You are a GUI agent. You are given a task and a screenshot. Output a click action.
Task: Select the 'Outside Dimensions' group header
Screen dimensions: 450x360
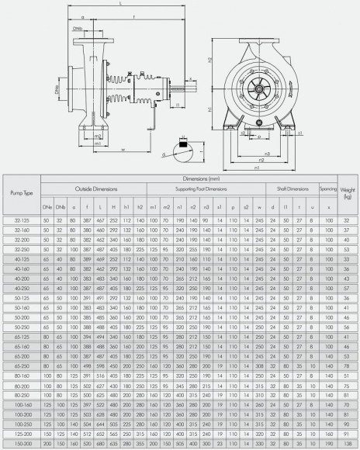[92, 189]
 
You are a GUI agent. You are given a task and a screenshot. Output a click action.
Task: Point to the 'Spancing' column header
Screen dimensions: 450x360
[330, 189]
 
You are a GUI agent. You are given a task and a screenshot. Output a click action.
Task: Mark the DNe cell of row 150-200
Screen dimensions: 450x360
[45, 444]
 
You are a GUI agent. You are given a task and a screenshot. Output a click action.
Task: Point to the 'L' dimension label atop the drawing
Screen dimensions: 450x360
[121, 5]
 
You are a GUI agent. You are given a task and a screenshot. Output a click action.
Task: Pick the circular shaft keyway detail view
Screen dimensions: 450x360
[183, 144]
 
